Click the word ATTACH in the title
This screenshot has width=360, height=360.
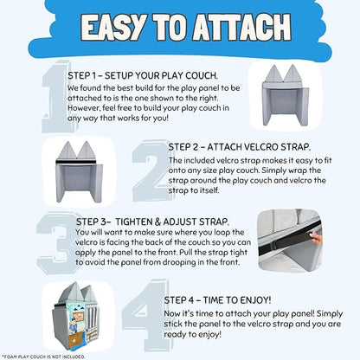click(242, 27)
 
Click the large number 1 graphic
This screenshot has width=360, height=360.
click(55, 97)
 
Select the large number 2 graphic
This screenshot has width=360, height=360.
click(150, 170)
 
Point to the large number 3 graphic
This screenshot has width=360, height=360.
click(56, 243)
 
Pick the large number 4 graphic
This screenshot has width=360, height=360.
click(145, 315)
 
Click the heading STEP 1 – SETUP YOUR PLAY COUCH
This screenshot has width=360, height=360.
click(143, 75)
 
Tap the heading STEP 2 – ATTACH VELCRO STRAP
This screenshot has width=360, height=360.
click(240, 147)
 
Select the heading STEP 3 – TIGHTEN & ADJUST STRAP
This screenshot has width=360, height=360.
click(152, 222)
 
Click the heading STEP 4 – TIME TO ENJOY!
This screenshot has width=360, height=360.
click(217, 300)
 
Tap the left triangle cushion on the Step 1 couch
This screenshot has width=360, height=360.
click(274, 74)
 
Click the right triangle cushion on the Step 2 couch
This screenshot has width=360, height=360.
click(86, 150)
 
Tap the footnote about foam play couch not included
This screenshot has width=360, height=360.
click(43, 357)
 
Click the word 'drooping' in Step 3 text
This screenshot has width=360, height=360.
click(179, 262)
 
